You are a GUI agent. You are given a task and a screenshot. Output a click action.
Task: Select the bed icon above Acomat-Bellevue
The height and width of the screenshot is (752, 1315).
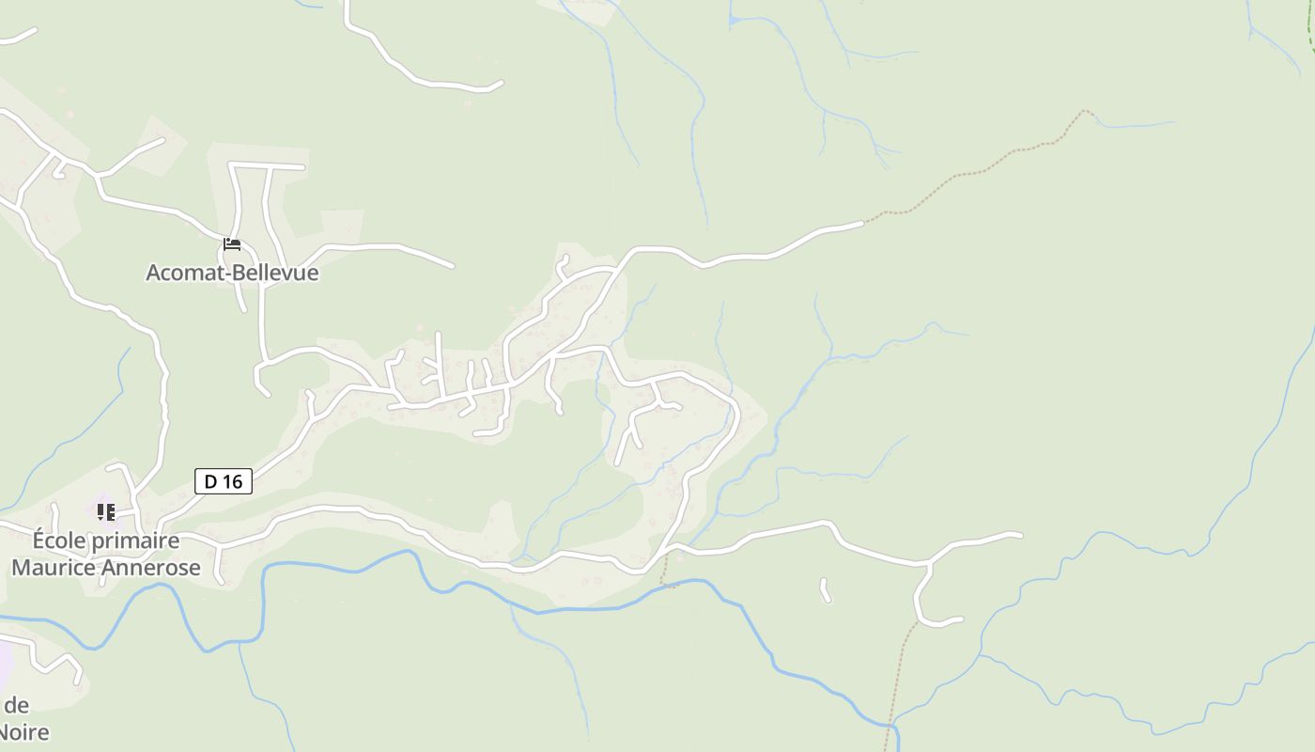click(232, 245)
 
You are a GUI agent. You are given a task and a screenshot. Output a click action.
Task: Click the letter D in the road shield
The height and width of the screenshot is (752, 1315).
click(211, 481)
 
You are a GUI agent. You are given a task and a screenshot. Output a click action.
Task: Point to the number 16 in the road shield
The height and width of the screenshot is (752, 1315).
click(233, 481)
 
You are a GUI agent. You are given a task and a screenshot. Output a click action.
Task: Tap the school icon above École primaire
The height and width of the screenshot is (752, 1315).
click(106, 512)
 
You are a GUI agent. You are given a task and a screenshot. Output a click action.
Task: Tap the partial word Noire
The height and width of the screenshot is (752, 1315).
click(24, 732)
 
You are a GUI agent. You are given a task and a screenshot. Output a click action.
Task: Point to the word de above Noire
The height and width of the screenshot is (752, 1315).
click(17, 705)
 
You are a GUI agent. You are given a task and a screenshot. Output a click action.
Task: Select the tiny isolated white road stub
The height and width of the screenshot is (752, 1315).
click(826, 590)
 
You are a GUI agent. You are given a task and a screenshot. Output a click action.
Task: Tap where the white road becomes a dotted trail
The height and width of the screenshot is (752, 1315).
click(863, 223)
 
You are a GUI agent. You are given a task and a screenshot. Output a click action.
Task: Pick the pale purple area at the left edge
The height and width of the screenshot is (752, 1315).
click(5, 663)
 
